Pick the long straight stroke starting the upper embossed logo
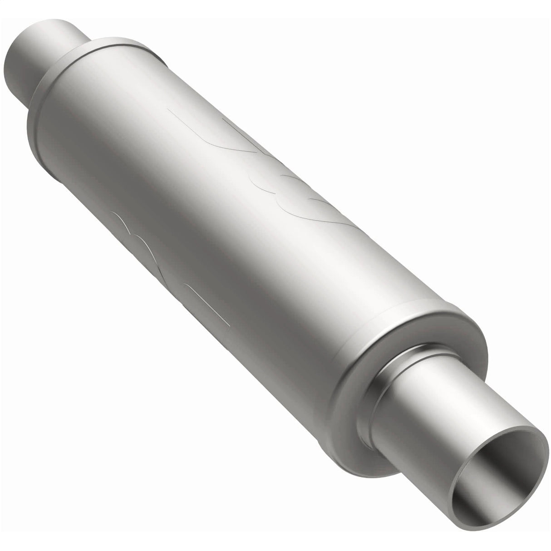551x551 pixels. click(x=200, y=127)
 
